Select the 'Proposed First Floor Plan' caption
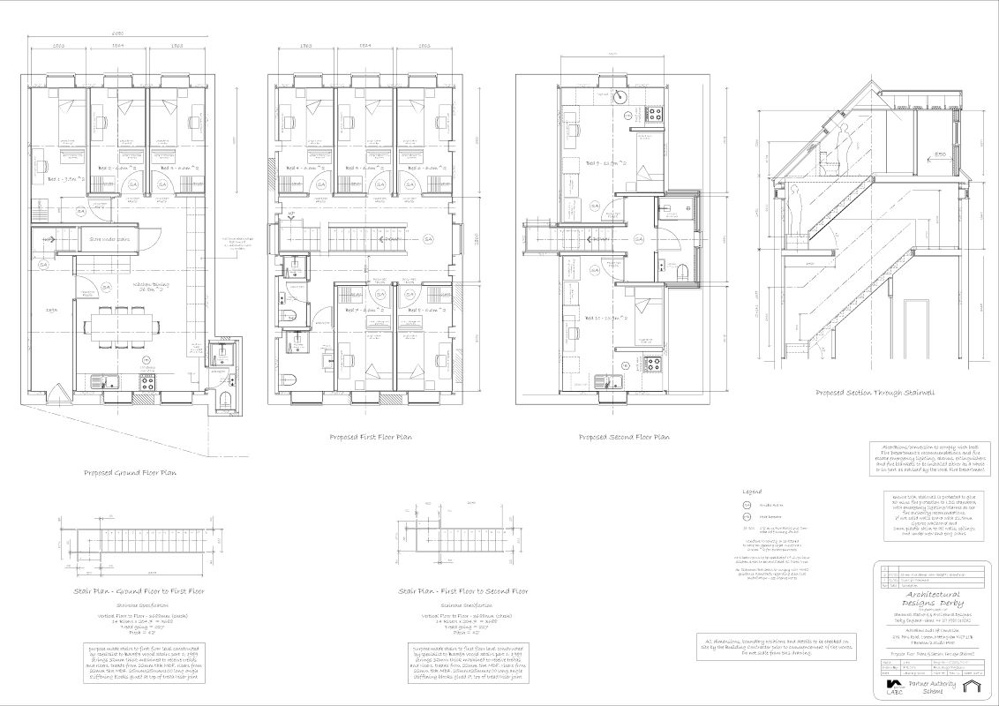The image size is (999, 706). point(371,437)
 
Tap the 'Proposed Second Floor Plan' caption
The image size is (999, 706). point(624,437)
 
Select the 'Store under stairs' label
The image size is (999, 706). point(108,237)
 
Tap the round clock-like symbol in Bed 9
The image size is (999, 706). point(621,98)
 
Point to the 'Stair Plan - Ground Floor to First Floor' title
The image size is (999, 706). point(141,590)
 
